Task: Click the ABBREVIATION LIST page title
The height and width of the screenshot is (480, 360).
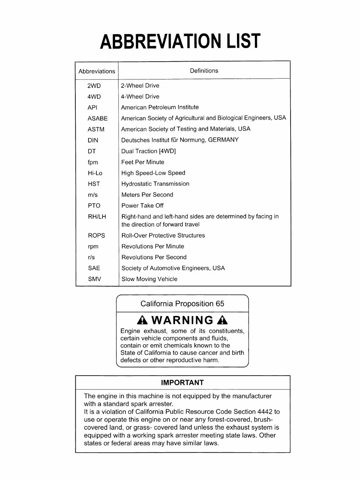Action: click(180, 41)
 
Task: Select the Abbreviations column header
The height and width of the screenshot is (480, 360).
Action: click(97, 71)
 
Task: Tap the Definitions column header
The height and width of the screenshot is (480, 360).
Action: click(204, 71)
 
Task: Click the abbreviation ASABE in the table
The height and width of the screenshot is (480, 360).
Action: click(98, 118)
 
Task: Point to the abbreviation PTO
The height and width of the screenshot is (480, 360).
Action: click(94, 206)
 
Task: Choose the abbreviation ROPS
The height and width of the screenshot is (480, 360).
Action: click(96, 235)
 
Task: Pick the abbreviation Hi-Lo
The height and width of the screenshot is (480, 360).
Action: click(95, 173)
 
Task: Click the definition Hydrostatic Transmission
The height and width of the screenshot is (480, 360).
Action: click(155, 184)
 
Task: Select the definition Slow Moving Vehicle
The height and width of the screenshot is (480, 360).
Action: click(149, 279)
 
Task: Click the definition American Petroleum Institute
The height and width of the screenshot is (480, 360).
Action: click(160, 107)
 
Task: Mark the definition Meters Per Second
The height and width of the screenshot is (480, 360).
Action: click(147, 195)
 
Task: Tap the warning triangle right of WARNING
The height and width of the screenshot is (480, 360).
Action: click(222, 320)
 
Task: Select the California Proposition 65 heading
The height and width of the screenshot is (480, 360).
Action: click(182, 304)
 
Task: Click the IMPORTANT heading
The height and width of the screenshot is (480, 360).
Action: click(182, 383)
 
